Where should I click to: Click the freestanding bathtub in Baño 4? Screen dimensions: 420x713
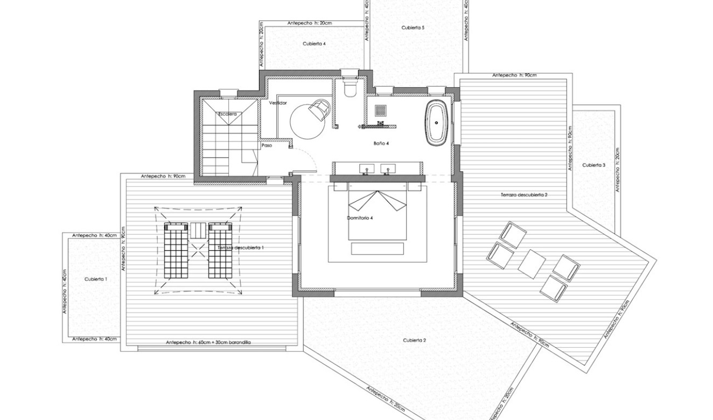click(x=437, y=122)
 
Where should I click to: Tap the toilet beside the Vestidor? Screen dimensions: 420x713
click(x=349, y=87)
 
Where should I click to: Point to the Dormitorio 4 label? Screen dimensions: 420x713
click(x=360, y=218)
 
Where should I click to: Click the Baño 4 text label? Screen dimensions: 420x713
click(x=381, y=143)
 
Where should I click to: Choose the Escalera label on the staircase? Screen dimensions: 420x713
click(x=227, y=114)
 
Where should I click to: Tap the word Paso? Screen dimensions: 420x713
click(x=267, y=145)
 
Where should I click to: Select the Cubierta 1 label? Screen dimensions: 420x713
click(x=96, y=279)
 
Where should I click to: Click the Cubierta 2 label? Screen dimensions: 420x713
click(x=414, y=340)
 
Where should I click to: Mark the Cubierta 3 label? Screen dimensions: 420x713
click(x=593, y=165)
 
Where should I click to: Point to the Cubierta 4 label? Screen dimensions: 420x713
click(x=314, y=44)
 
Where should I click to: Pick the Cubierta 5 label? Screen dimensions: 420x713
click(x=413, y=27)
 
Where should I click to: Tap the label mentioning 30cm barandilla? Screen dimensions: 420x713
click(x=209, y=342)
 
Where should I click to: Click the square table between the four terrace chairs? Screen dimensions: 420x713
click(x=532, y=263)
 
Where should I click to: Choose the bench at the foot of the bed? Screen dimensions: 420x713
click(x=377, y=248)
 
